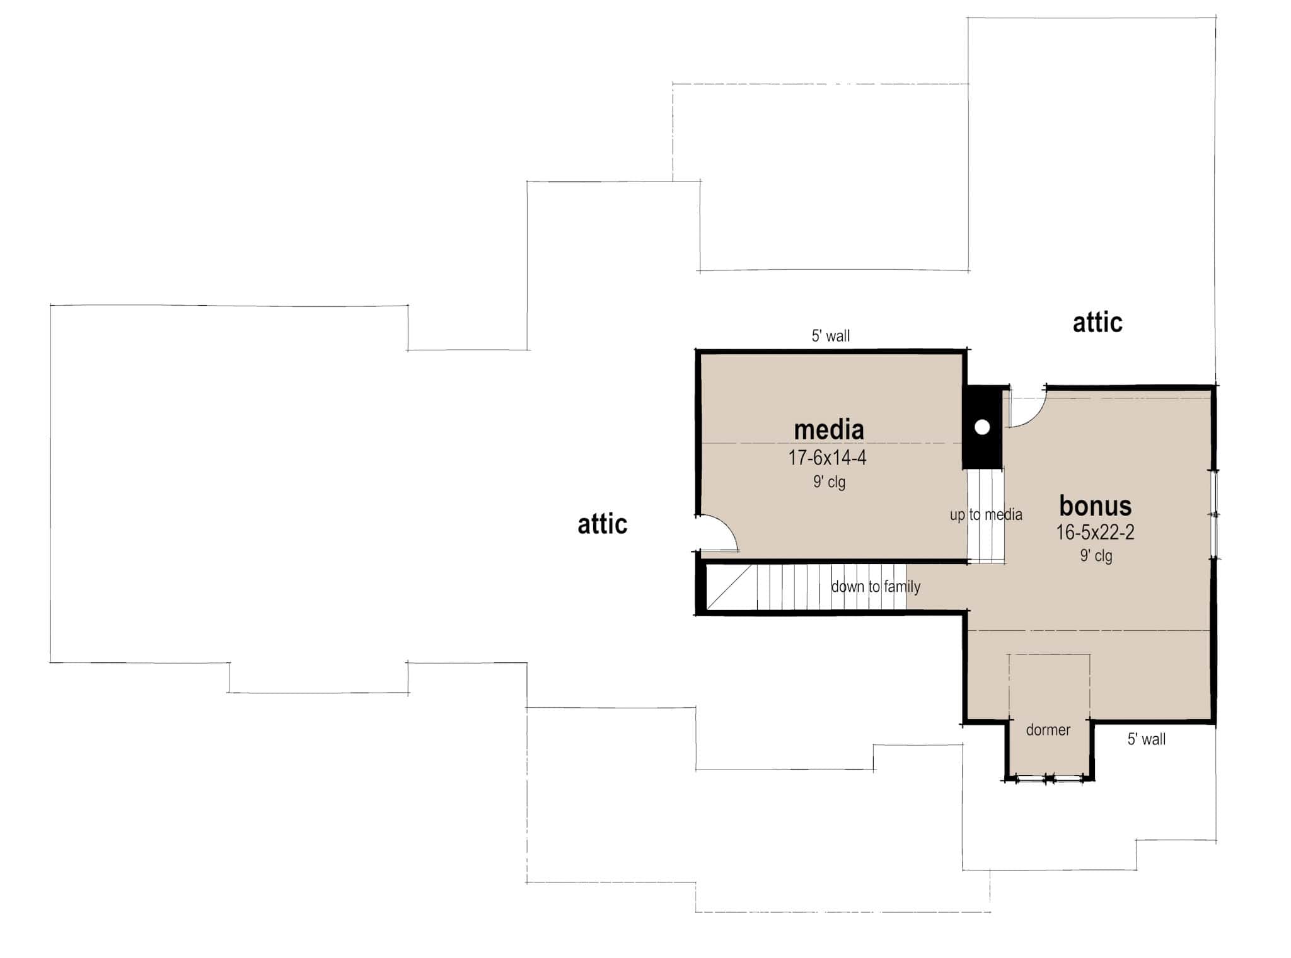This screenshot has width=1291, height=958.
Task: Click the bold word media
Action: pyautogui.click(x=828, y=430)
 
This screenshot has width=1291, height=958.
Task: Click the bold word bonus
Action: pyautogui.click(x=1095, y=505)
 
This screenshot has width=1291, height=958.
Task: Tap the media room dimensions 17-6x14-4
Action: pyautogui.click(x=827, y=458)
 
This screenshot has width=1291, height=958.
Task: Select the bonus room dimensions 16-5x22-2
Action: pyautogui.click(x=1095, y=533)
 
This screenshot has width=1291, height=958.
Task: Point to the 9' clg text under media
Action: pyautogui.click(x=829, y=482)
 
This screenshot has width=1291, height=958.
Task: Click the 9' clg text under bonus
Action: pyautogui.click(x=1096, y=556)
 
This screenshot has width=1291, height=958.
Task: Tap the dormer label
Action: pyautogui.click(x=1048, y=730)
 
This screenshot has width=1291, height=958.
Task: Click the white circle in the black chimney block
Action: pyautogui.click(x=981, y=427)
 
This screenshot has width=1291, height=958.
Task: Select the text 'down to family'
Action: pyautogui.click(x=876, y=587)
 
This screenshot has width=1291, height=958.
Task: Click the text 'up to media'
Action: pyautogui.click(x=985, y=515)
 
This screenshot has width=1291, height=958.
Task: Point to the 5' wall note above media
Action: pyautogui.click(x=830, y=336)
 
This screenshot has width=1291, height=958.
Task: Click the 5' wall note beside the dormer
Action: pyautogui.click(x=1146, y=739)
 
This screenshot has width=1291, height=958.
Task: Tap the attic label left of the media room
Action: pyautogui.click(x=602, y=524)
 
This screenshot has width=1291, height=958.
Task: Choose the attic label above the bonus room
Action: pyautogui.click(x=1097, y=323)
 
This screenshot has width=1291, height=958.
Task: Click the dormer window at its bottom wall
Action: pyautogui.click(x=1049, y=779)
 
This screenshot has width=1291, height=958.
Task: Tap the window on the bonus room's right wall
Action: pyautogui.click(x=1215, y=514)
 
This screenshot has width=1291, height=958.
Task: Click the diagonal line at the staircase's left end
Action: pyautogui.click(x=729, y=587)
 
